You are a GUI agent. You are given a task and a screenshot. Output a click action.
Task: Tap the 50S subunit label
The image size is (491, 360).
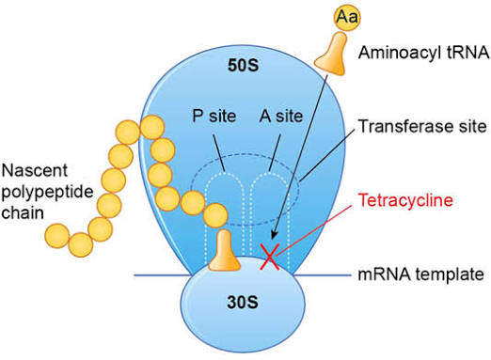tap(244, 66)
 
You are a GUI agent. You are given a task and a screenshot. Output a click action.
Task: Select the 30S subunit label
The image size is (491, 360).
tap(243, 303)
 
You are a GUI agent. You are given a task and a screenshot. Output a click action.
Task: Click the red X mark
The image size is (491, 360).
tap(270, 258)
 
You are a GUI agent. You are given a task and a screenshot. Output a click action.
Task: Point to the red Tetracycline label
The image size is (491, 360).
tap(405, 200)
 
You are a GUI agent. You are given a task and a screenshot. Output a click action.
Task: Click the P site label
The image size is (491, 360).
tap(214, 117)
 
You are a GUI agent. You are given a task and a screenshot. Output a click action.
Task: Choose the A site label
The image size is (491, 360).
tap(281, 117)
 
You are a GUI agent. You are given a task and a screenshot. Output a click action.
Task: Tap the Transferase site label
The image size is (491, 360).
tap(422, 126)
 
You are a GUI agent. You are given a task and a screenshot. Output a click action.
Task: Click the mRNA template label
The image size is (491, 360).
tap(421, 274)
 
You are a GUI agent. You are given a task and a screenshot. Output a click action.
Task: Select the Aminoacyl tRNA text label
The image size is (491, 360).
tap(424, 53)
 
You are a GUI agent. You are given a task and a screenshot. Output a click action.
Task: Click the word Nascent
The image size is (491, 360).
tap(35, 171)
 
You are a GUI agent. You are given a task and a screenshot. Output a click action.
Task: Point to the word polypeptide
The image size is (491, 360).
tap(47, 193)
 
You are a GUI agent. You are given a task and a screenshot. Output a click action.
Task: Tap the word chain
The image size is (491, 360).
tap(23, 212)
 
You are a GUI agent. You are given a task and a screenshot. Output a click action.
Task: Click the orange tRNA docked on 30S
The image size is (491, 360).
tap(225, 252)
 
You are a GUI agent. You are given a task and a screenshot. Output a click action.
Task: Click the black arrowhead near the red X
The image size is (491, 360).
tap(274, 235)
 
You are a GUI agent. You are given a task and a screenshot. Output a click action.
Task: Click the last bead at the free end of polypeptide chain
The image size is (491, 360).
tap(57, 236)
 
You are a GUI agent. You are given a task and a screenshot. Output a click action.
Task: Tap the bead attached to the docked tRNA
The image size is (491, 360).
tap(215, 215)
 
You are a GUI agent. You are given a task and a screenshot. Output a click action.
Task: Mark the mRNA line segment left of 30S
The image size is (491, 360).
tap(163, 275)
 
